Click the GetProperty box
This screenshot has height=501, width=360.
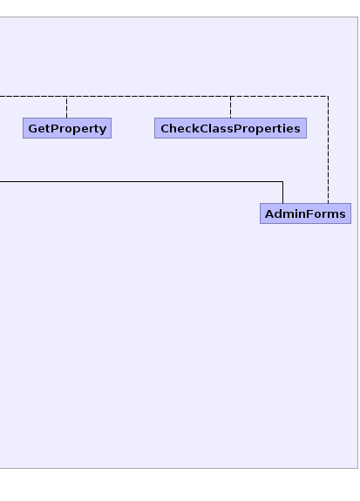pos(67,128)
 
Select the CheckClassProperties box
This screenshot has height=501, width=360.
pos(230,128)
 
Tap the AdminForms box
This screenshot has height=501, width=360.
pos(305,213)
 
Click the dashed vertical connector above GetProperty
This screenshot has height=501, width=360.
pos(67,107)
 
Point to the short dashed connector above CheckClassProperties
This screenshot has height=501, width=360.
pos(230,107)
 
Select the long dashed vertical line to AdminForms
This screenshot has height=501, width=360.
pos(328,150)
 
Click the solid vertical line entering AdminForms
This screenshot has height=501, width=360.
pos(283,193)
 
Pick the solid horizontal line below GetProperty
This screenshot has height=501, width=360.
pos(141,181)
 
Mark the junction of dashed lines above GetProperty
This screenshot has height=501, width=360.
pos(67,96)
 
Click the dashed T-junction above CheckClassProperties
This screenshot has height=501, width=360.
pos(230,96)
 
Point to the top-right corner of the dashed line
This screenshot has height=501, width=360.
pos(328,96)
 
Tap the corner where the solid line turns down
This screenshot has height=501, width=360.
pos(283,181)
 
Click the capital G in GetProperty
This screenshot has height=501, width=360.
pos(32,128)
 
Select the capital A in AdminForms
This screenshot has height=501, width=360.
pos(269,213)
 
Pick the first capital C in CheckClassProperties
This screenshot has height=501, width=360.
pos(165,128)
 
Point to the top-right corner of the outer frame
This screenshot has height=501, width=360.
pos(357,17)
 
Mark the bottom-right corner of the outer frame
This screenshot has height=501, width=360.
pos(357,468)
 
